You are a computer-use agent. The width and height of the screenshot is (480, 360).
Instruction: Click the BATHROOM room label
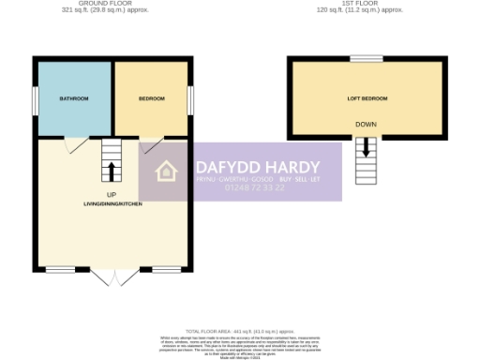pos(74,98)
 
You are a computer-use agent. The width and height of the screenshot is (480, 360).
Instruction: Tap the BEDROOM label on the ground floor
pos(151,98)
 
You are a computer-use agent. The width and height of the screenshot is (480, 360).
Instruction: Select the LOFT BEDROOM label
pos(367,98)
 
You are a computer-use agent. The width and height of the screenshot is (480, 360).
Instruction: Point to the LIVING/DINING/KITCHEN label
pos(112,203)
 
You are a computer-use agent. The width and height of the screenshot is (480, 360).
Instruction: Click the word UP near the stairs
pos(111,194)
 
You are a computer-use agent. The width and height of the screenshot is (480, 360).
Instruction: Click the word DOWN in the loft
pos(367,124)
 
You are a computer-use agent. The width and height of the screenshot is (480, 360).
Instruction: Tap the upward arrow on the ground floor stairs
pos(112,171)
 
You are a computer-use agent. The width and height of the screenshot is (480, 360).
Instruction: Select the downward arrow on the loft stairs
pos(367,147)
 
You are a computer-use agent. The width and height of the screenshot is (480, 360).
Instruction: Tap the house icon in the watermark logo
pos(167,172)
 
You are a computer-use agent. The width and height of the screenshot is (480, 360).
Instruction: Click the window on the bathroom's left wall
pos(35,98)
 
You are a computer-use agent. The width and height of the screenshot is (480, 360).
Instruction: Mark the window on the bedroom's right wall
pos(192,98)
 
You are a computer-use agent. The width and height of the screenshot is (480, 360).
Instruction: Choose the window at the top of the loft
pos(367,58)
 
